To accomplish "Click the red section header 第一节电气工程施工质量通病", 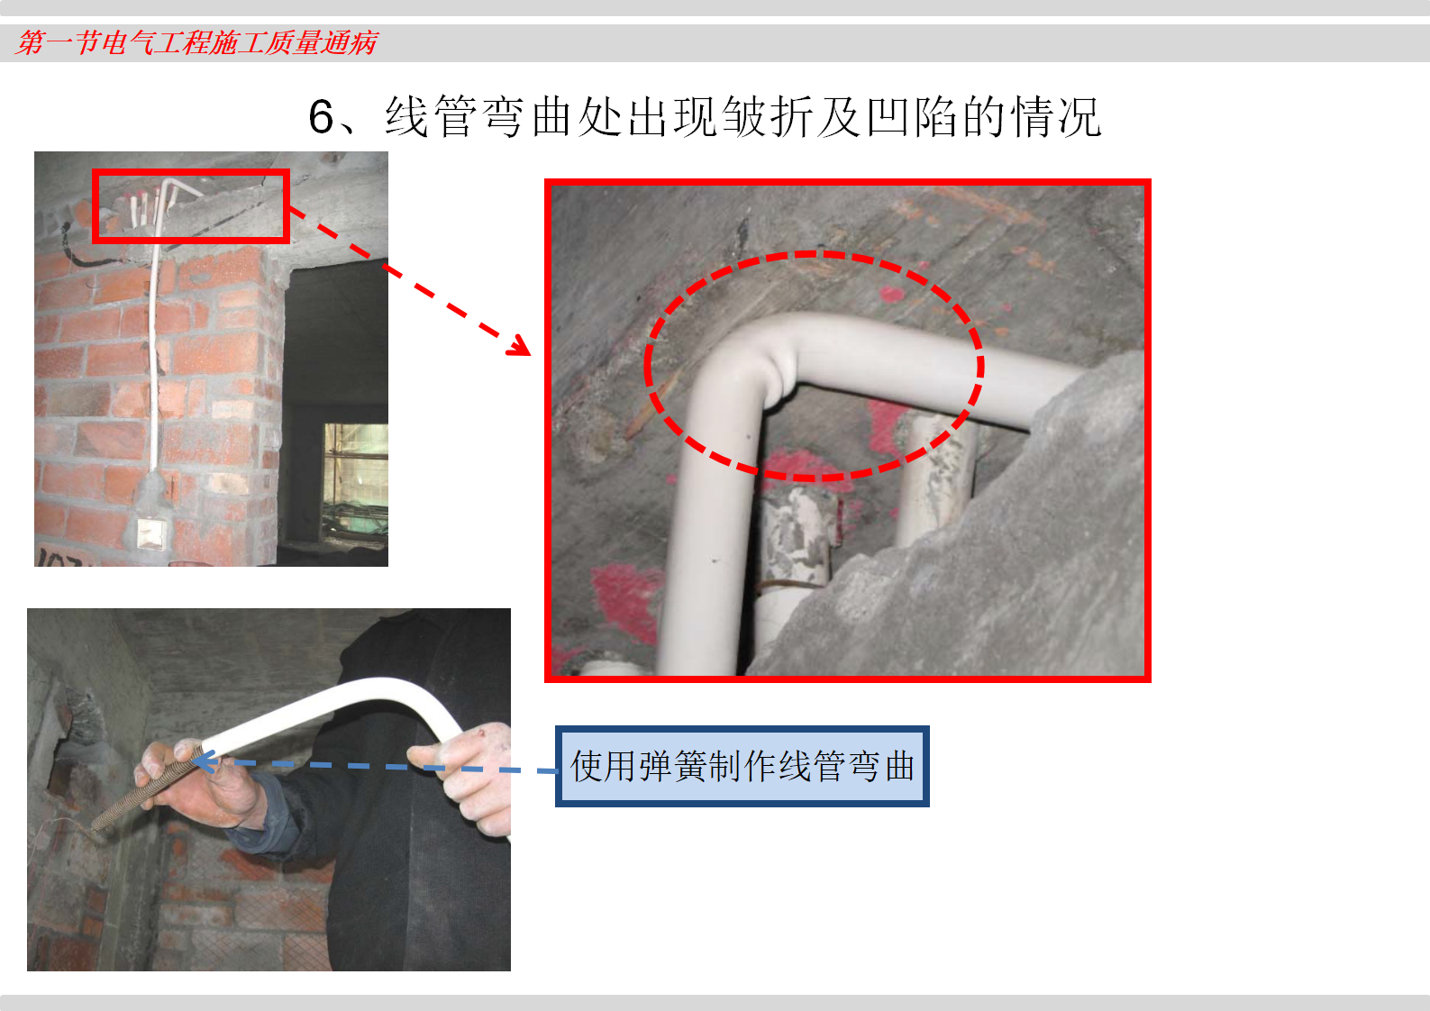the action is pos(196,42).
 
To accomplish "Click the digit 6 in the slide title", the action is pos(321,117).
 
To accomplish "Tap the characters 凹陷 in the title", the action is pos(913,117).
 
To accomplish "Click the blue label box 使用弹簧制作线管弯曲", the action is pos(742,766).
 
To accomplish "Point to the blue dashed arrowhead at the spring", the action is pos(203,761).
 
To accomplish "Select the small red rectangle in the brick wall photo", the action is pos(191,205).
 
